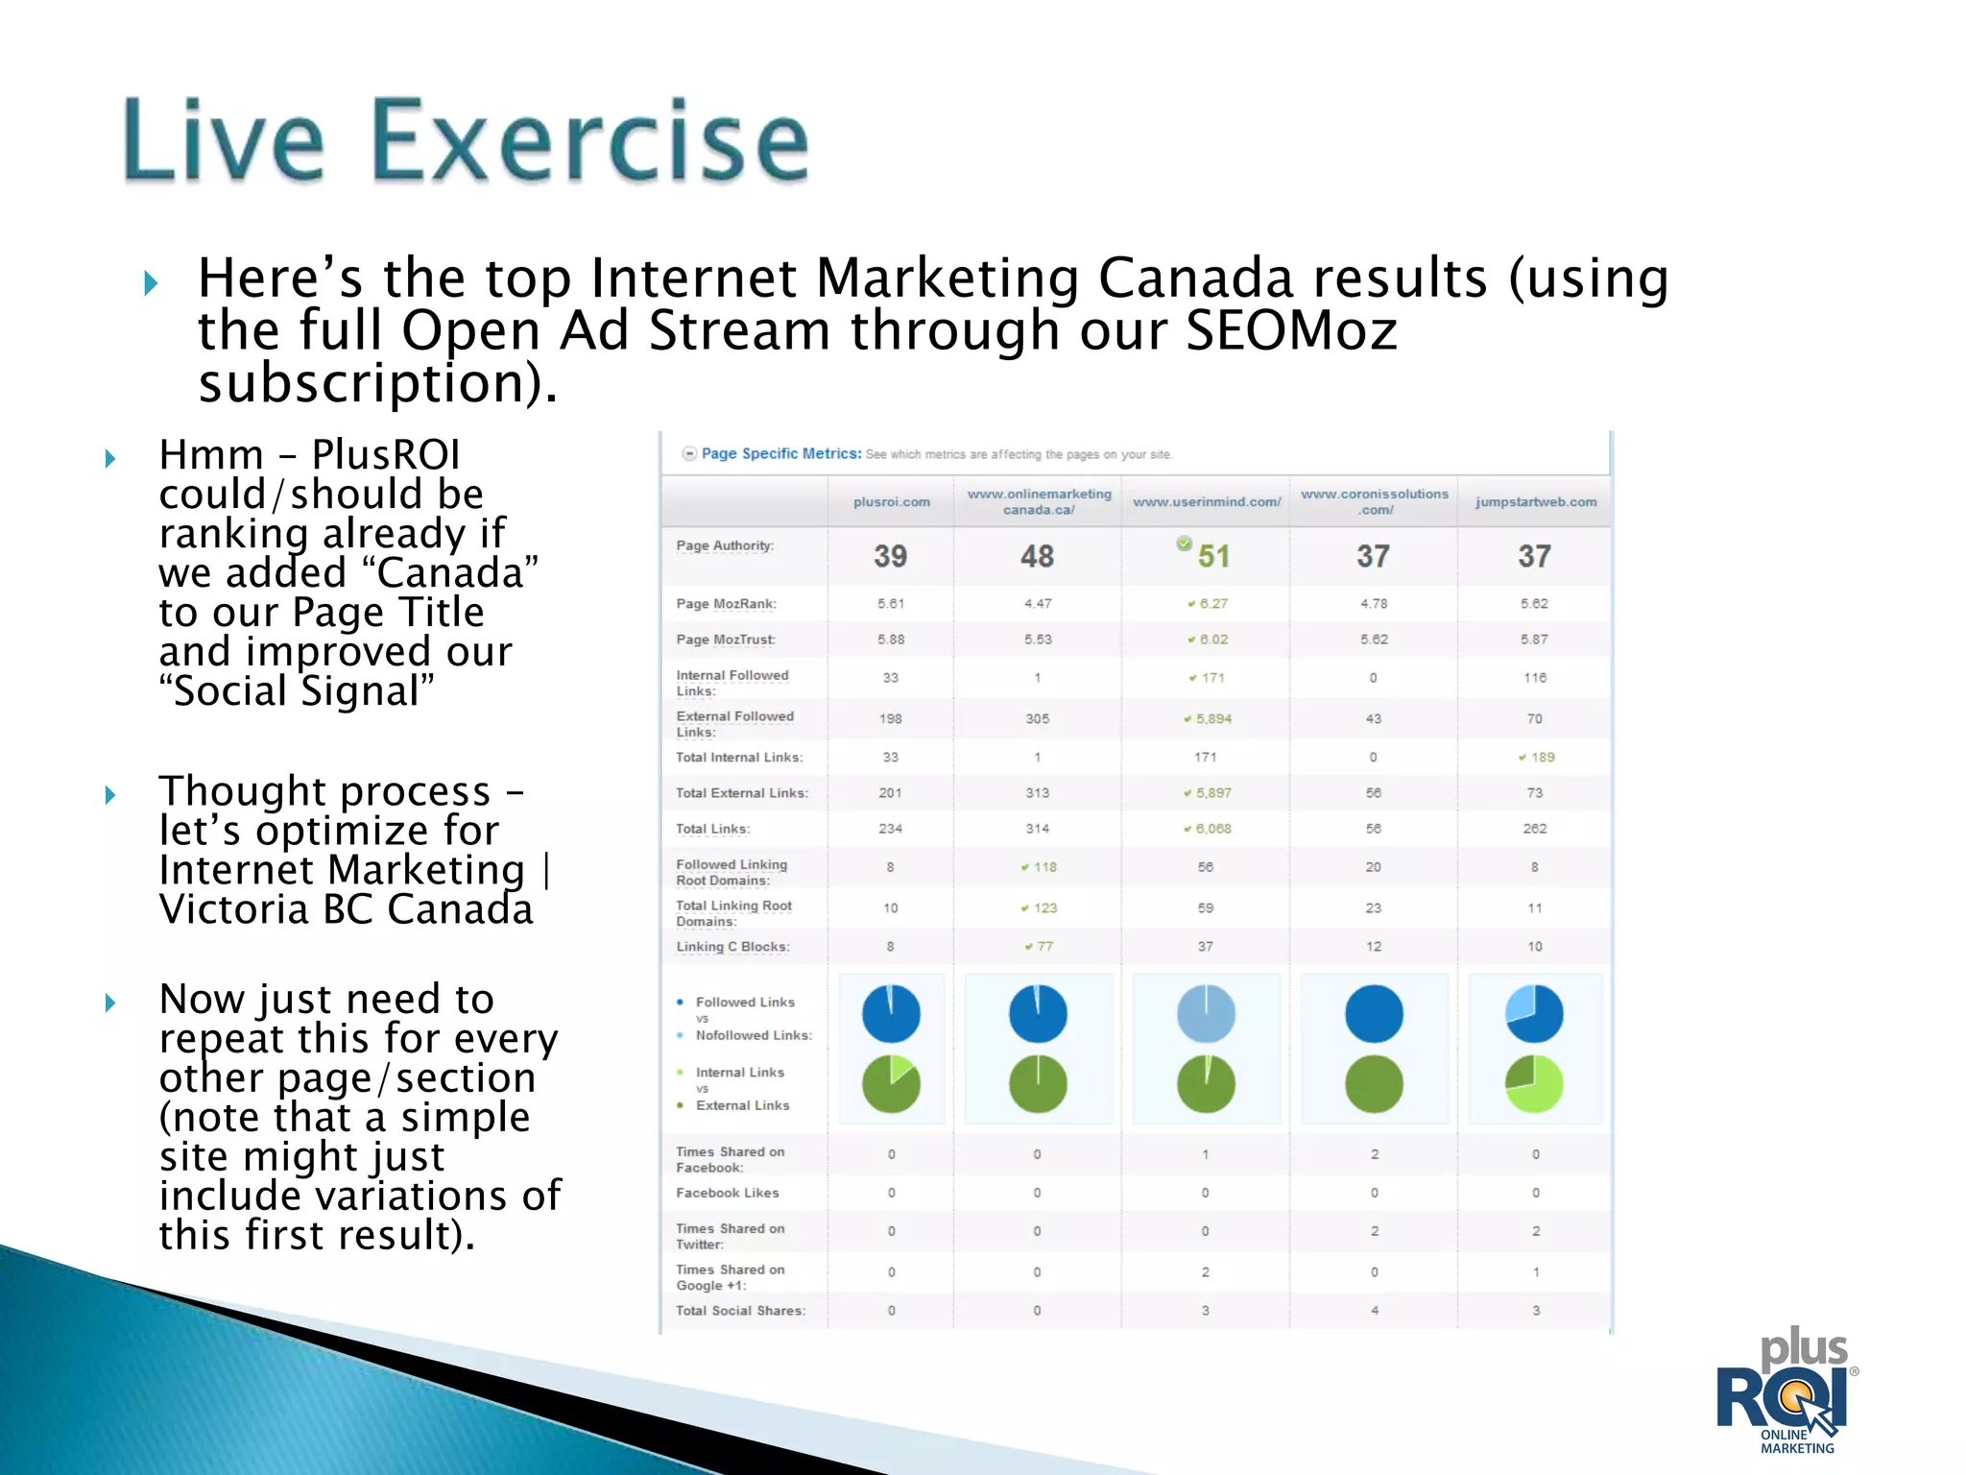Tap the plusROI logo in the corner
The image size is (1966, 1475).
click(1787, 1392)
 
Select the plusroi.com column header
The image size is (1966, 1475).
click(891, 501)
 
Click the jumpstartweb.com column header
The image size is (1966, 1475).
click(1535, 501)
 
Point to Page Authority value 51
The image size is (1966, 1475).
click(1212, 556)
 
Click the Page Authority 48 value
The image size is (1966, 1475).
click(1037, 556)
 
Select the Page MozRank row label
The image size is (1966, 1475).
click(726, 604)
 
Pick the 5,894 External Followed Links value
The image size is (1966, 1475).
click(1212, 718)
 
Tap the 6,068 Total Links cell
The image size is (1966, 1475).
click(1212, 829)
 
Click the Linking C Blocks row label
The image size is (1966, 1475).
click(732, 947)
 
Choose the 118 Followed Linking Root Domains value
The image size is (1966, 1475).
click(1043, 867)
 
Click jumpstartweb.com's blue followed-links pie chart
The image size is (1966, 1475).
click(1534, 1014)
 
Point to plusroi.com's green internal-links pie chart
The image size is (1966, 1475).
click(891, 1084)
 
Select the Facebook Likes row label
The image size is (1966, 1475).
click(727, 1193)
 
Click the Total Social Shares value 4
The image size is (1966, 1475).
click(1374, 1311)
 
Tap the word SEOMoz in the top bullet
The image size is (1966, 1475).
click(1290, 330)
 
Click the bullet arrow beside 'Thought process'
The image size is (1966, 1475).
click(110, 794)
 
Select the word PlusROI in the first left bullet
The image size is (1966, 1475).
click(386, 454)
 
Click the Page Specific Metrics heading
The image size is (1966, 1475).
click(780, 453)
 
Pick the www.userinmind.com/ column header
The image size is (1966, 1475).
click(1206, 501)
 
